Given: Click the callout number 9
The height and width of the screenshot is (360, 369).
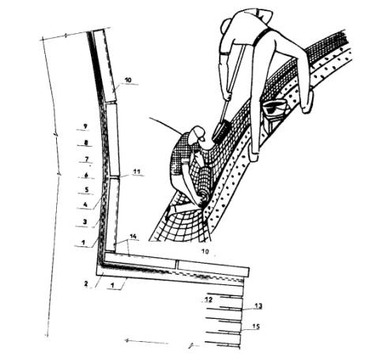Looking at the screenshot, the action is [85, 126].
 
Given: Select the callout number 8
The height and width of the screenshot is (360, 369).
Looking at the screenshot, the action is [86, 143].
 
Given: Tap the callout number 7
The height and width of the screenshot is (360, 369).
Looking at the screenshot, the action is [87, 159].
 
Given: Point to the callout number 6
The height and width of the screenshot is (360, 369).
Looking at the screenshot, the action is [86, 175].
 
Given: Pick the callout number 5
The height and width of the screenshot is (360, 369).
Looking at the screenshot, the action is [87, 189].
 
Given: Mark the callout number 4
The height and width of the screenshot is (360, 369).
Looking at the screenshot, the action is [85, 204].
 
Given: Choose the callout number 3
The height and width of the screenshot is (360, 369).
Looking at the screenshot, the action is [85, 222].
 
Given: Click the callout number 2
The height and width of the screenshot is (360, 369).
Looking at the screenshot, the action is [86, 283].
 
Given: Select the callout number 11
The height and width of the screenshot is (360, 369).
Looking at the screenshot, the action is [137, 171].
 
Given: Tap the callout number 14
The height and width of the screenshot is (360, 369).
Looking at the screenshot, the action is [134, 237].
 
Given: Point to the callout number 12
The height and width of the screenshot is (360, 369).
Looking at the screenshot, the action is [209, 299].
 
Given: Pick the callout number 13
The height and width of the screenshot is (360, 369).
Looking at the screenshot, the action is [258, 306].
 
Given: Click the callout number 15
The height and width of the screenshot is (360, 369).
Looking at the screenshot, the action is [256, 327].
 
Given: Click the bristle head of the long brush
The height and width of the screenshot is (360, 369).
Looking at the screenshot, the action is [222, 133].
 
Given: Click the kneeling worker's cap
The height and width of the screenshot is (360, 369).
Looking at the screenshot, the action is [198, 132].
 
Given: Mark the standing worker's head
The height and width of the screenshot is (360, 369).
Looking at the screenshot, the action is [261, 15].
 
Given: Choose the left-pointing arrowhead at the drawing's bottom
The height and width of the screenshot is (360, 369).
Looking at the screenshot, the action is [127, 340].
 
